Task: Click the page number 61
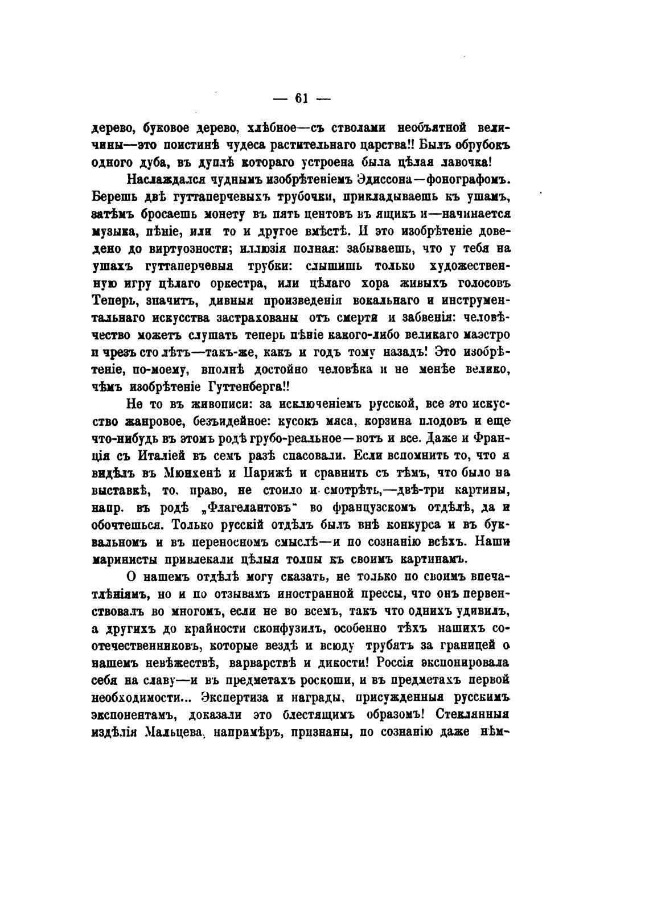[301, 98]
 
